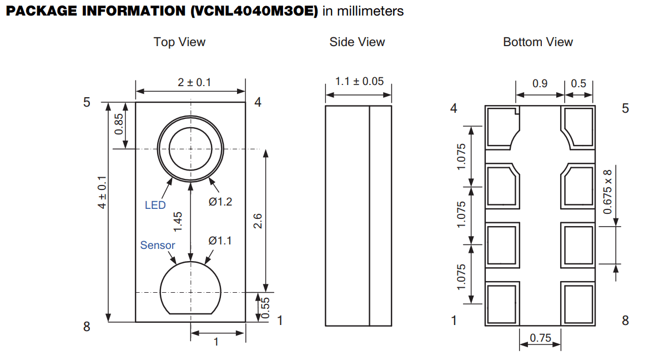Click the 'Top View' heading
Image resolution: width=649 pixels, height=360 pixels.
(179, 42)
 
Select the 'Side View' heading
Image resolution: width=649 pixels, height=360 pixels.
(357, 42)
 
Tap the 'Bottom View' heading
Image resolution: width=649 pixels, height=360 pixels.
(537, 42)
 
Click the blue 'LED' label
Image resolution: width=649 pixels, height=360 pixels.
(155, 206)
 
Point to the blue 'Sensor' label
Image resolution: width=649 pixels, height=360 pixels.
(158, 246)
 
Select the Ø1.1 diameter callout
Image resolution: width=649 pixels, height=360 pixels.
(220, 241)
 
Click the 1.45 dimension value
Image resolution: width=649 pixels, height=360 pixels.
(178, 221)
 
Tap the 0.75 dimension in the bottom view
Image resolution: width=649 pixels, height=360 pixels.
(540, 338)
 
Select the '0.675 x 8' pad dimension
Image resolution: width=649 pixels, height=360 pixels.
(608, 192)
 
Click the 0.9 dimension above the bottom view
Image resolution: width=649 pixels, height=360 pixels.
(540, 83)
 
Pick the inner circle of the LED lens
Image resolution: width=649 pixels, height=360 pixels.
(190, 149)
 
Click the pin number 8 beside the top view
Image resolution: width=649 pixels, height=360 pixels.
(87, 327)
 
